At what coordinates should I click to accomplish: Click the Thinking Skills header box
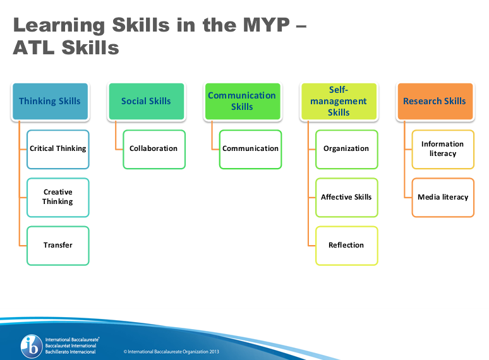coord(50,101)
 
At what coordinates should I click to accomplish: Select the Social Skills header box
coord(147,101)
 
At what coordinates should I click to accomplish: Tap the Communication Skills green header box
coord(242,101)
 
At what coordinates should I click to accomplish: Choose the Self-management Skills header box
coord(339,101)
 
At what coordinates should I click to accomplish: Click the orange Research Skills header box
coord(435,101)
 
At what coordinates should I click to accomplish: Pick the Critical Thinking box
coord(58,149)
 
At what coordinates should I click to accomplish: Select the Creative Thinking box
coord(58,197)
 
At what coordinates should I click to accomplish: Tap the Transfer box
coord(58,245)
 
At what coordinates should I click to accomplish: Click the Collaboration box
coord(154,149)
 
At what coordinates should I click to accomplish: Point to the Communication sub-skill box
coord(250,149)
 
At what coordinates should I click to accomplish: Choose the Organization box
coord(346,149)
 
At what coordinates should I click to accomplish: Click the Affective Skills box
coord(346,197)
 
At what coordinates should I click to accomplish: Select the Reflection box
coord(346,245)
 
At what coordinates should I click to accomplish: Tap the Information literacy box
coord(442,149)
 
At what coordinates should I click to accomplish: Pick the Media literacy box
coord(442,197)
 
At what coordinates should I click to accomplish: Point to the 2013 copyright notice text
coord(170,351)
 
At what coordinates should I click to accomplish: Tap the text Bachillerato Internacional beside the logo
coord(71,352)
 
